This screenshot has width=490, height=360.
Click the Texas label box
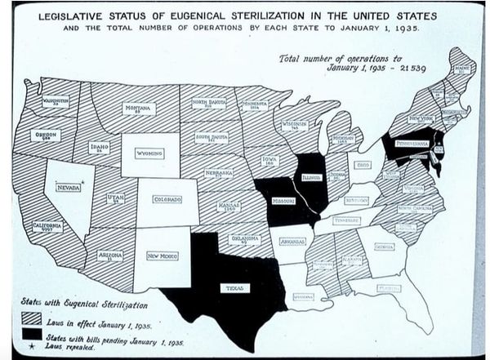(x=234, y=287)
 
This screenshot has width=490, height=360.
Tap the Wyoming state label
(x=149, y=153)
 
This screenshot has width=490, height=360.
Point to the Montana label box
(x=140, y=109)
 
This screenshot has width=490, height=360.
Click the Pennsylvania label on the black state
(x=413, y=144)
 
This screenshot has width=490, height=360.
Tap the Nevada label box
(x=69, y=187)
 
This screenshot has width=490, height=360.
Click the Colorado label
(x=167, y=199)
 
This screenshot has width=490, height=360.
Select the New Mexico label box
(x=163, y=256)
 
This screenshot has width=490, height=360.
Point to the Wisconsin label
(x=295, y=127)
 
